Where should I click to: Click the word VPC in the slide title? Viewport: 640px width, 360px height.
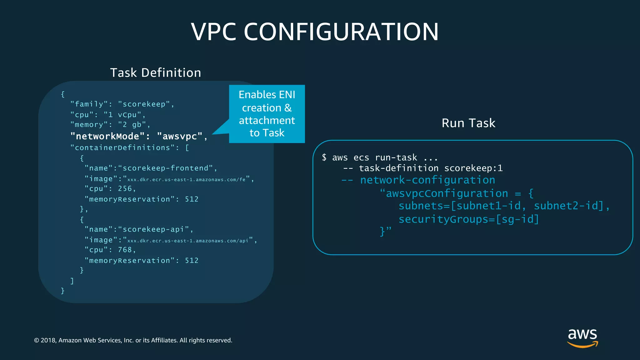click(213, 32)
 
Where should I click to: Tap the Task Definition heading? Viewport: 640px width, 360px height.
click(156, 73)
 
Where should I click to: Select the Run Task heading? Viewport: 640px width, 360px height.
click(468, 123)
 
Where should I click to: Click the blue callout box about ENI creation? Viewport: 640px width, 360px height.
click(267, 114)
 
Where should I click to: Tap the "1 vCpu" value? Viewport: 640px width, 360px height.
click(122, 115)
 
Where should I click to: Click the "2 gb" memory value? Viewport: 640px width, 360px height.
click(132, 125)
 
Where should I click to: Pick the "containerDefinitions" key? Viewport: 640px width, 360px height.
click(122, 147)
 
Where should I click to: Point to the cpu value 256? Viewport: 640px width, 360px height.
click(125, 188)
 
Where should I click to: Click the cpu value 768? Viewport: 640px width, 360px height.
click(125, 250)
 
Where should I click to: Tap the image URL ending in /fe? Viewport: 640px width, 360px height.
click(186, 179)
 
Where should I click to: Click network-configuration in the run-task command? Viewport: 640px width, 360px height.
click(427, 180)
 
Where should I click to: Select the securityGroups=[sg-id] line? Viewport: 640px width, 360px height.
click(469, 219)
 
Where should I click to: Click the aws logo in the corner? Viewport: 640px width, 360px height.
click(582, 337)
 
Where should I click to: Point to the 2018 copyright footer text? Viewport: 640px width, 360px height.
click(133, 340)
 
